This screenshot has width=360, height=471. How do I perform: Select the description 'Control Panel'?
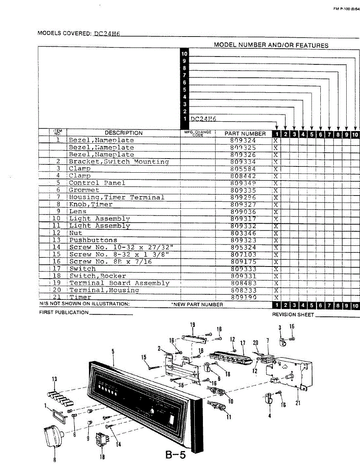(97, 183)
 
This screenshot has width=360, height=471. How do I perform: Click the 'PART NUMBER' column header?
(245, 133)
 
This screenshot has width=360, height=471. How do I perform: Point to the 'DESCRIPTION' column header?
(124, 133)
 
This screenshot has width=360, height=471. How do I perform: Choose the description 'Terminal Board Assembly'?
(119, 283)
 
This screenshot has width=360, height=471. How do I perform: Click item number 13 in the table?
(57, 240)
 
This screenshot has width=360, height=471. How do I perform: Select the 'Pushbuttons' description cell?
(93, 240)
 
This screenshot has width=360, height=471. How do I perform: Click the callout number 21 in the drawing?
(298, 403)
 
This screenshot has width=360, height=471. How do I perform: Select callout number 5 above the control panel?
(113, 352)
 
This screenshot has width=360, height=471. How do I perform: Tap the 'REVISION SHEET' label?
(292, 315)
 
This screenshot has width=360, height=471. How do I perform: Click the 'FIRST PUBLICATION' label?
(64, 312)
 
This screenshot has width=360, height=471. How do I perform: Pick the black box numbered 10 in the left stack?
(184, 54)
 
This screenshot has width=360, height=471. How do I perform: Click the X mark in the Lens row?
(276, 212)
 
